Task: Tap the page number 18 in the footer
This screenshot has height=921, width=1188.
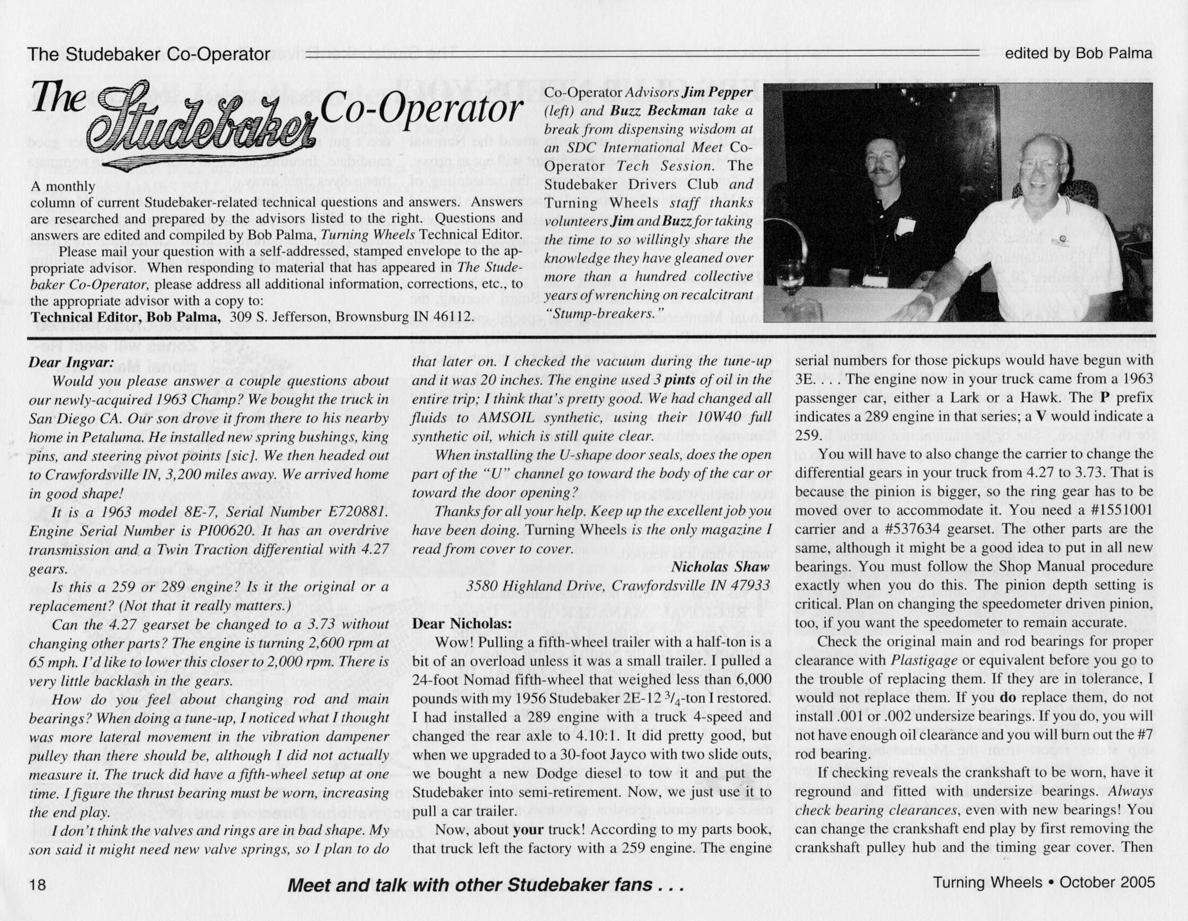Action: (37, 884)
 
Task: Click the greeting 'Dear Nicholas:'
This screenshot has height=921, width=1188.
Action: (462, 623)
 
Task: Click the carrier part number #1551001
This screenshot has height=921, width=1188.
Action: (1114, 509)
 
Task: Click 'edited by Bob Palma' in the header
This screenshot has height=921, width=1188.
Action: (1079, 53)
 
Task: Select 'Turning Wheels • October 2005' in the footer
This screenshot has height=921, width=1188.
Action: (1044, 882)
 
